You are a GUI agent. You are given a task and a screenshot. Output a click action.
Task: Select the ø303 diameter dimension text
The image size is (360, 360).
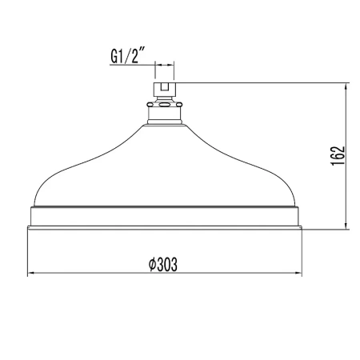pos(162,264)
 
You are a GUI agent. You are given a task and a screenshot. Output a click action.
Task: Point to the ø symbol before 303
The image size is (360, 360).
pos(152,264)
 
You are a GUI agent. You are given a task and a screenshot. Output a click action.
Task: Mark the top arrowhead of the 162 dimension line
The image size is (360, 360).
pos(345,84)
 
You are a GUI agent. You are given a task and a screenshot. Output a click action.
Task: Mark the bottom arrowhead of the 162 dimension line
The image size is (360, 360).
pos(345,225)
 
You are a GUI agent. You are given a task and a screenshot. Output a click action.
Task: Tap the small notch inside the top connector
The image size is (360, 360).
pos(164,83)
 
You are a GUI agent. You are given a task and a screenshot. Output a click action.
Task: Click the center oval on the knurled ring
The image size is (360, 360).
pos(164,102)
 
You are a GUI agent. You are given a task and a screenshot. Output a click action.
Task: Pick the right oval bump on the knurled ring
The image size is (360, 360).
pos(174,102)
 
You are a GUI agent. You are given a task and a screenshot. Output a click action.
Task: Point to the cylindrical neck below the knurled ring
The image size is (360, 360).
pos(164,114)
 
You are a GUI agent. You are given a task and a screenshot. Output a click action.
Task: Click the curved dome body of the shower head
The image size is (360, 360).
pos(164,164)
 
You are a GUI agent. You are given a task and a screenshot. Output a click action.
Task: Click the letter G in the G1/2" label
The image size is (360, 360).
pos(113,57)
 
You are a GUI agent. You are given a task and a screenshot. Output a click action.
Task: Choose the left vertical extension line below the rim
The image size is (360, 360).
pos(29,252)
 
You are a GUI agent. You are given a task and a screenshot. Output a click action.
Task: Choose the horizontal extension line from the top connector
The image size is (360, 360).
pos(264,80)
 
